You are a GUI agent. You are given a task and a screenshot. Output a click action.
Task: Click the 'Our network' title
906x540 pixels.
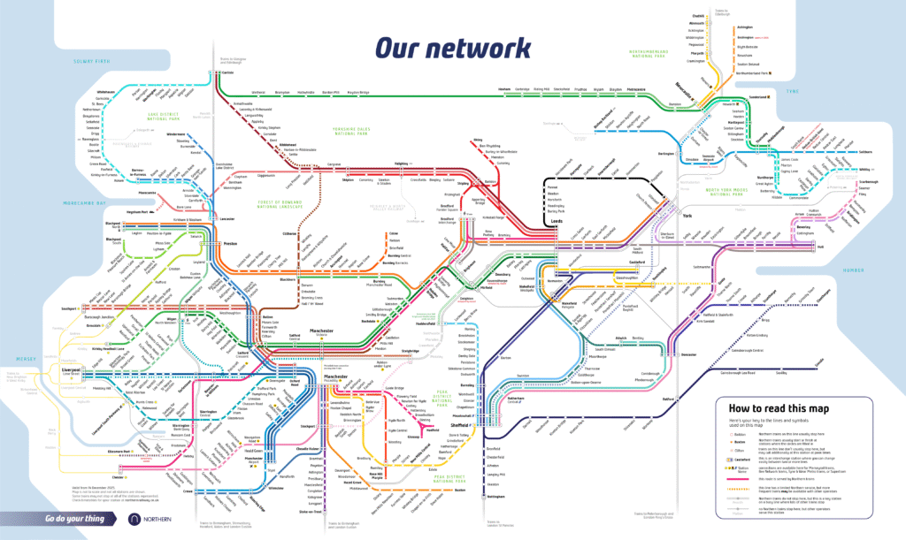pos(452,46)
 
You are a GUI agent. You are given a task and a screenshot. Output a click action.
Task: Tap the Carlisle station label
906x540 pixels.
pos(227,74)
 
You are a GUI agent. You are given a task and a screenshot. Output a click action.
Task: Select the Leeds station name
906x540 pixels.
pos(557,222)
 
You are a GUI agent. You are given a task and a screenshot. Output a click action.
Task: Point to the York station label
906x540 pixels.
pos(687,217)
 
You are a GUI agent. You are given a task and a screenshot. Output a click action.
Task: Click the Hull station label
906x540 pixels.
pos(820,247)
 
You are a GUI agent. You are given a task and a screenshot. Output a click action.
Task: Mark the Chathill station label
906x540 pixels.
pos(697,15)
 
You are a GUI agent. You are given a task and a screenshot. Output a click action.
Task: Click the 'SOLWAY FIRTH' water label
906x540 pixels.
pos(90,62)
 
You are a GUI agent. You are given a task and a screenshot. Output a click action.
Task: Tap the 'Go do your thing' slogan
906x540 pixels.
pos(74,518)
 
